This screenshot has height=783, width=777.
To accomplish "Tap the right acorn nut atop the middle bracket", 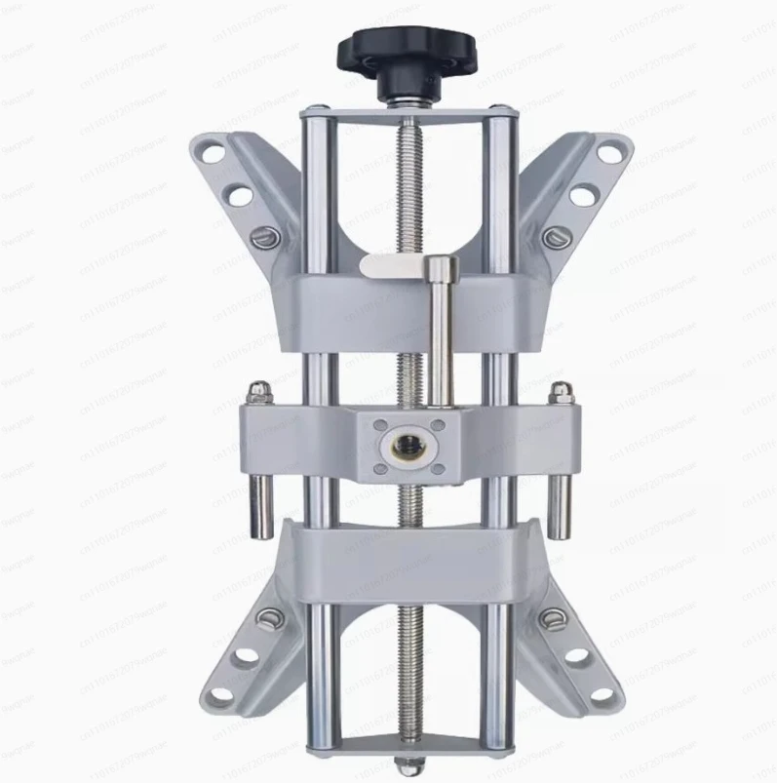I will coord(562,392).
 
